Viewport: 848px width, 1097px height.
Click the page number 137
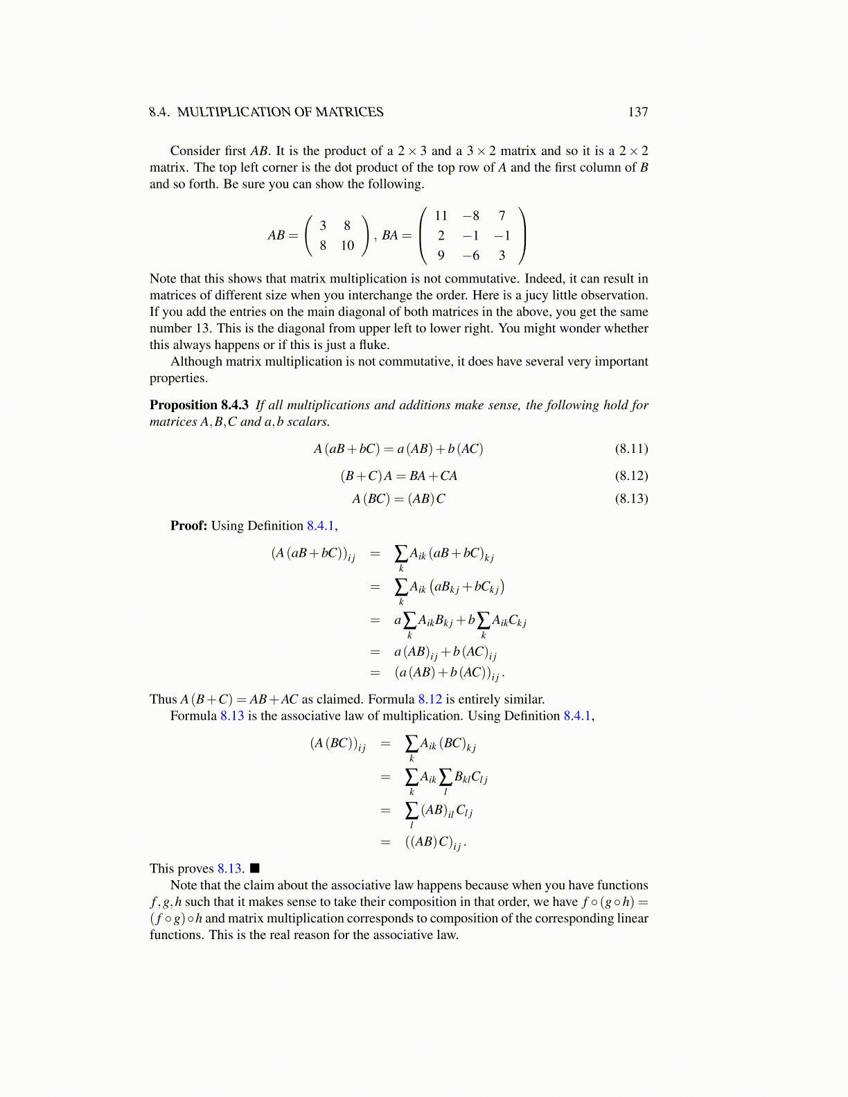[x=637, y=112]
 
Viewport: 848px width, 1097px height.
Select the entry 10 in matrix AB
[x=347, y=246]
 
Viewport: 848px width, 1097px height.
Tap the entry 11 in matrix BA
[x=441, y=216]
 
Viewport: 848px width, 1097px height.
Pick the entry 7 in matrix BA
[x=502, y=216]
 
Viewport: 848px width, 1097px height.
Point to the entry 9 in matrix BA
[x=441, y=256]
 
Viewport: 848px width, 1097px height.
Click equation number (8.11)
[x=631, y=449]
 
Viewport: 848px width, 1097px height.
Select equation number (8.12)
[x=631, y=476]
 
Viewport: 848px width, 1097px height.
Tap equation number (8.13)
[x=631, y=499]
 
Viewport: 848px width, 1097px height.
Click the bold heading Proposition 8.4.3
[x=199, y=405]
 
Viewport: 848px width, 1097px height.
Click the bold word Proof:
[x=188, y=526]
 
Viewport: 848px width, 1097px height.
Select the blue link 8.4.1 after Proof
[x=321, y=526]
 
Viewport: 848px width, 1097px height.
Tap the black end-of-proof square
[x=254, y=868]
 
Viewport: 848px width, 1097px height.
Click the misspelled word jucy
[x=537, y=296]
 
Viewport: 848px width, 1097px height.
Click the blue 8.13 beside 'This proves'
[x=230, y=868]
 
